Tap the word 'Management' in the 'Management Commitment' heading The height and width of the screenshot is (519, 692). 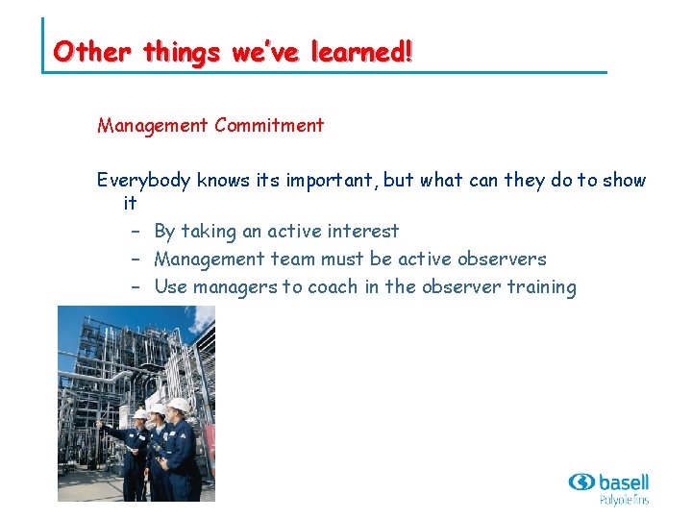tap(153, 125)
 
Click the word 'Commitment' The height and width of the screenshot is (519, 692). tap(269, 125)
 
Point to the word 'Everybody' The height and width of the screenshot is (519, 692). tap(144, 181)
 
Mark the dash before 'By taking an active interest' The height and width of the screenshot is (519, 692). tap(136, 232)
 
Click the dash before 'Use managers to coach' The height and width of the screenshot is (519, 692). tap(136, 287)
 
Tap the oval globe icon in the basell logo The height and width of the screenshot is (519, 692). tap(581, 482)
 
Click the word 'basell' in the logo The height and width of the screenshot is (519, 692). tap(624, 481)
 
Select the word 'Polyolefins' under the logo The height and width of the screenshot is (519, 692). tap(624, 499)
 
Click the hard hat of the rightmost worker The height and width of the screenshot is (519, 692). tap(179, 405)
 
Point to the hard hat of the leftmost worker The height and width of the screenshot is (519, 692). tap(141, 413)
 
